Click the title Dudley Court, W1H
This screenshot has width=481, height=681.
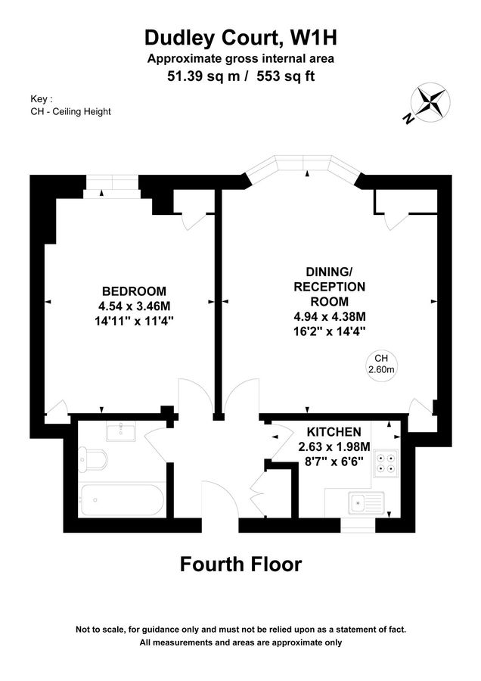tap(240, 37)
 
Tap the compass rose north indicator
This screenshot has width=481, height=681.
tap(426, 103)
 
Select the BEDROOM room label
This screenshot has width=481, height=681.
tap(134, 291)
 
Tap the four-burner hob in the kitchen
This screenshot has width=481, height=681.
tap(386, 462)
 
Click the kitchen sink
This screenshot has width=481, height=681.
tap(365, 501)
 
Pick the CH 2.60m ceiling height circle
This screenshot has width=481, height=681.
tap(381, 365)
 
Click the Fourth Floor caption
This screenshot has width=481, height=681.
tap(240, 564)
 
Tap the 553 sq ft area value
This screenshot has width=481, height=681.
tap(287, 76)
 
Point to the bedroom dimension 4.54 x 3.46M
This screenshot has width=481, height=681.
tap(134, 306)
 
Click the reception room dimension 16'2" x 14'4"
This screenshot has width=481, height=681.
tap(330, 331)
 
